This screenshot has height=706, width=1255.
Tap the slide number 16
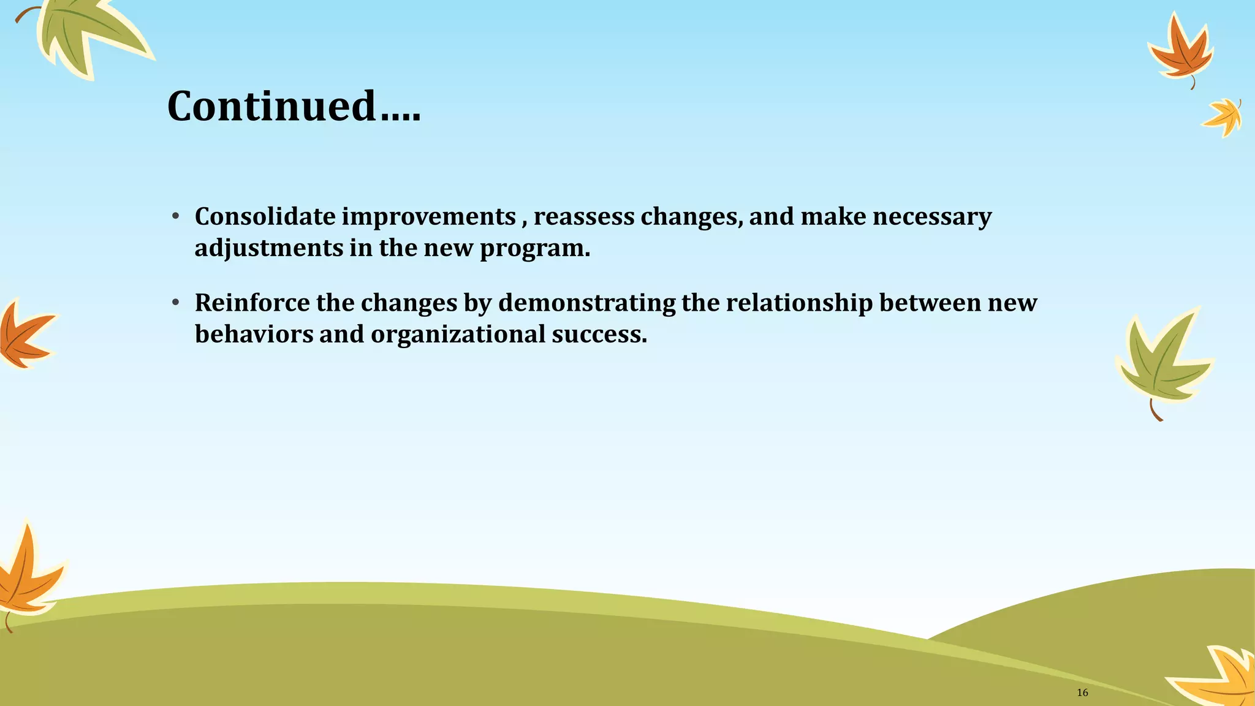(x=1082, y=693)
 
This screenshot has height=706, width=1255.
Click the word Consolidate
(x=265, y=216)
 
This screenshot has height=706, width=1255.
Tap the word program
(x=534, y=249)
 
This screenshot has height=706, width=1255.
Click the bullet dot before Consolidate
(x=175, y=216)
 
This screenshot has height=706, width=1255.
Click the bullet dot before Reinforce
(x=175, y=302)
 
